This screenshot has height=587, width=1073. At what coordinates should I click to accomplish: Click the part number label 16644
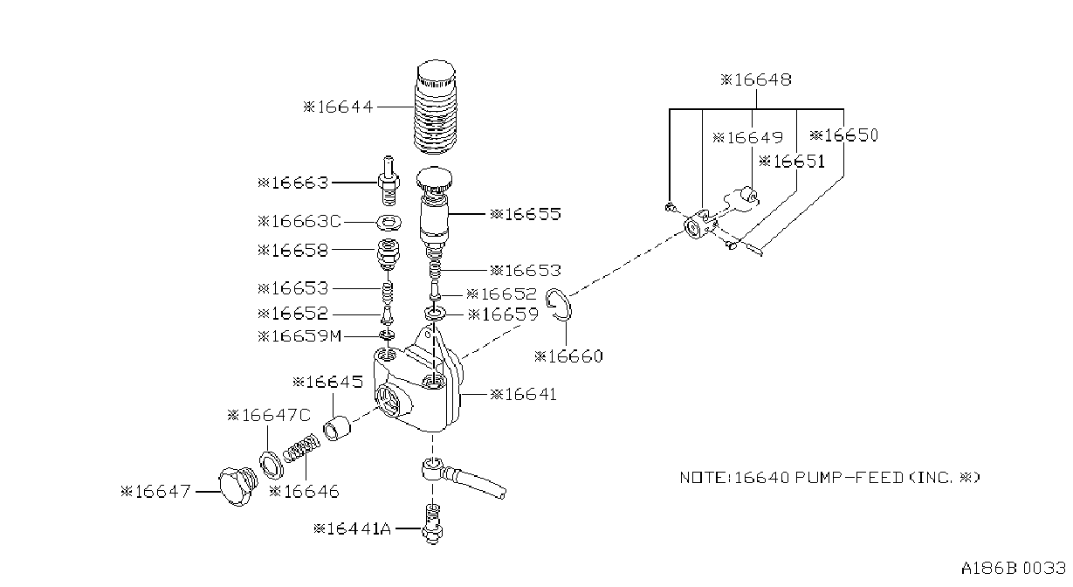[x=338, y=107]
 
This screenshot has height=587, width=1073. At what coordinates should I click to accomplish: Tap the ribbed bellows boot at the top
[x=435, y=107]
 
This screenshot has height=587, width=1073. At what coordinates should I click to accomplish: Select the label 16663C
[x=299, y=221]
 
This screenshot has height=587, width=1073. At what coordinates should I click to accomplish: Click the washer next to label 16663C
[x=389, y=223]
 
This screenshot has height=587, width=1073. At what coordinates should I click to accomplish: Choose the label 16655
[x=525, y=214]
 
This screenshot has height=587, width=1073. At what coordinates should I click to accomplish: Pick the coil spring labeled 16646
[x=301, y=448]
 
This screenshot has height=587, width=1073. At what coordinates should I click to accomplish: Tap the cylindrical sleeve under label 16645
[x=337, y=429]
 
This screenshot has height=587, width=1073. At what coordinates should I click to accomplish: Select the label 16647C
[x=269, y=415]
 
